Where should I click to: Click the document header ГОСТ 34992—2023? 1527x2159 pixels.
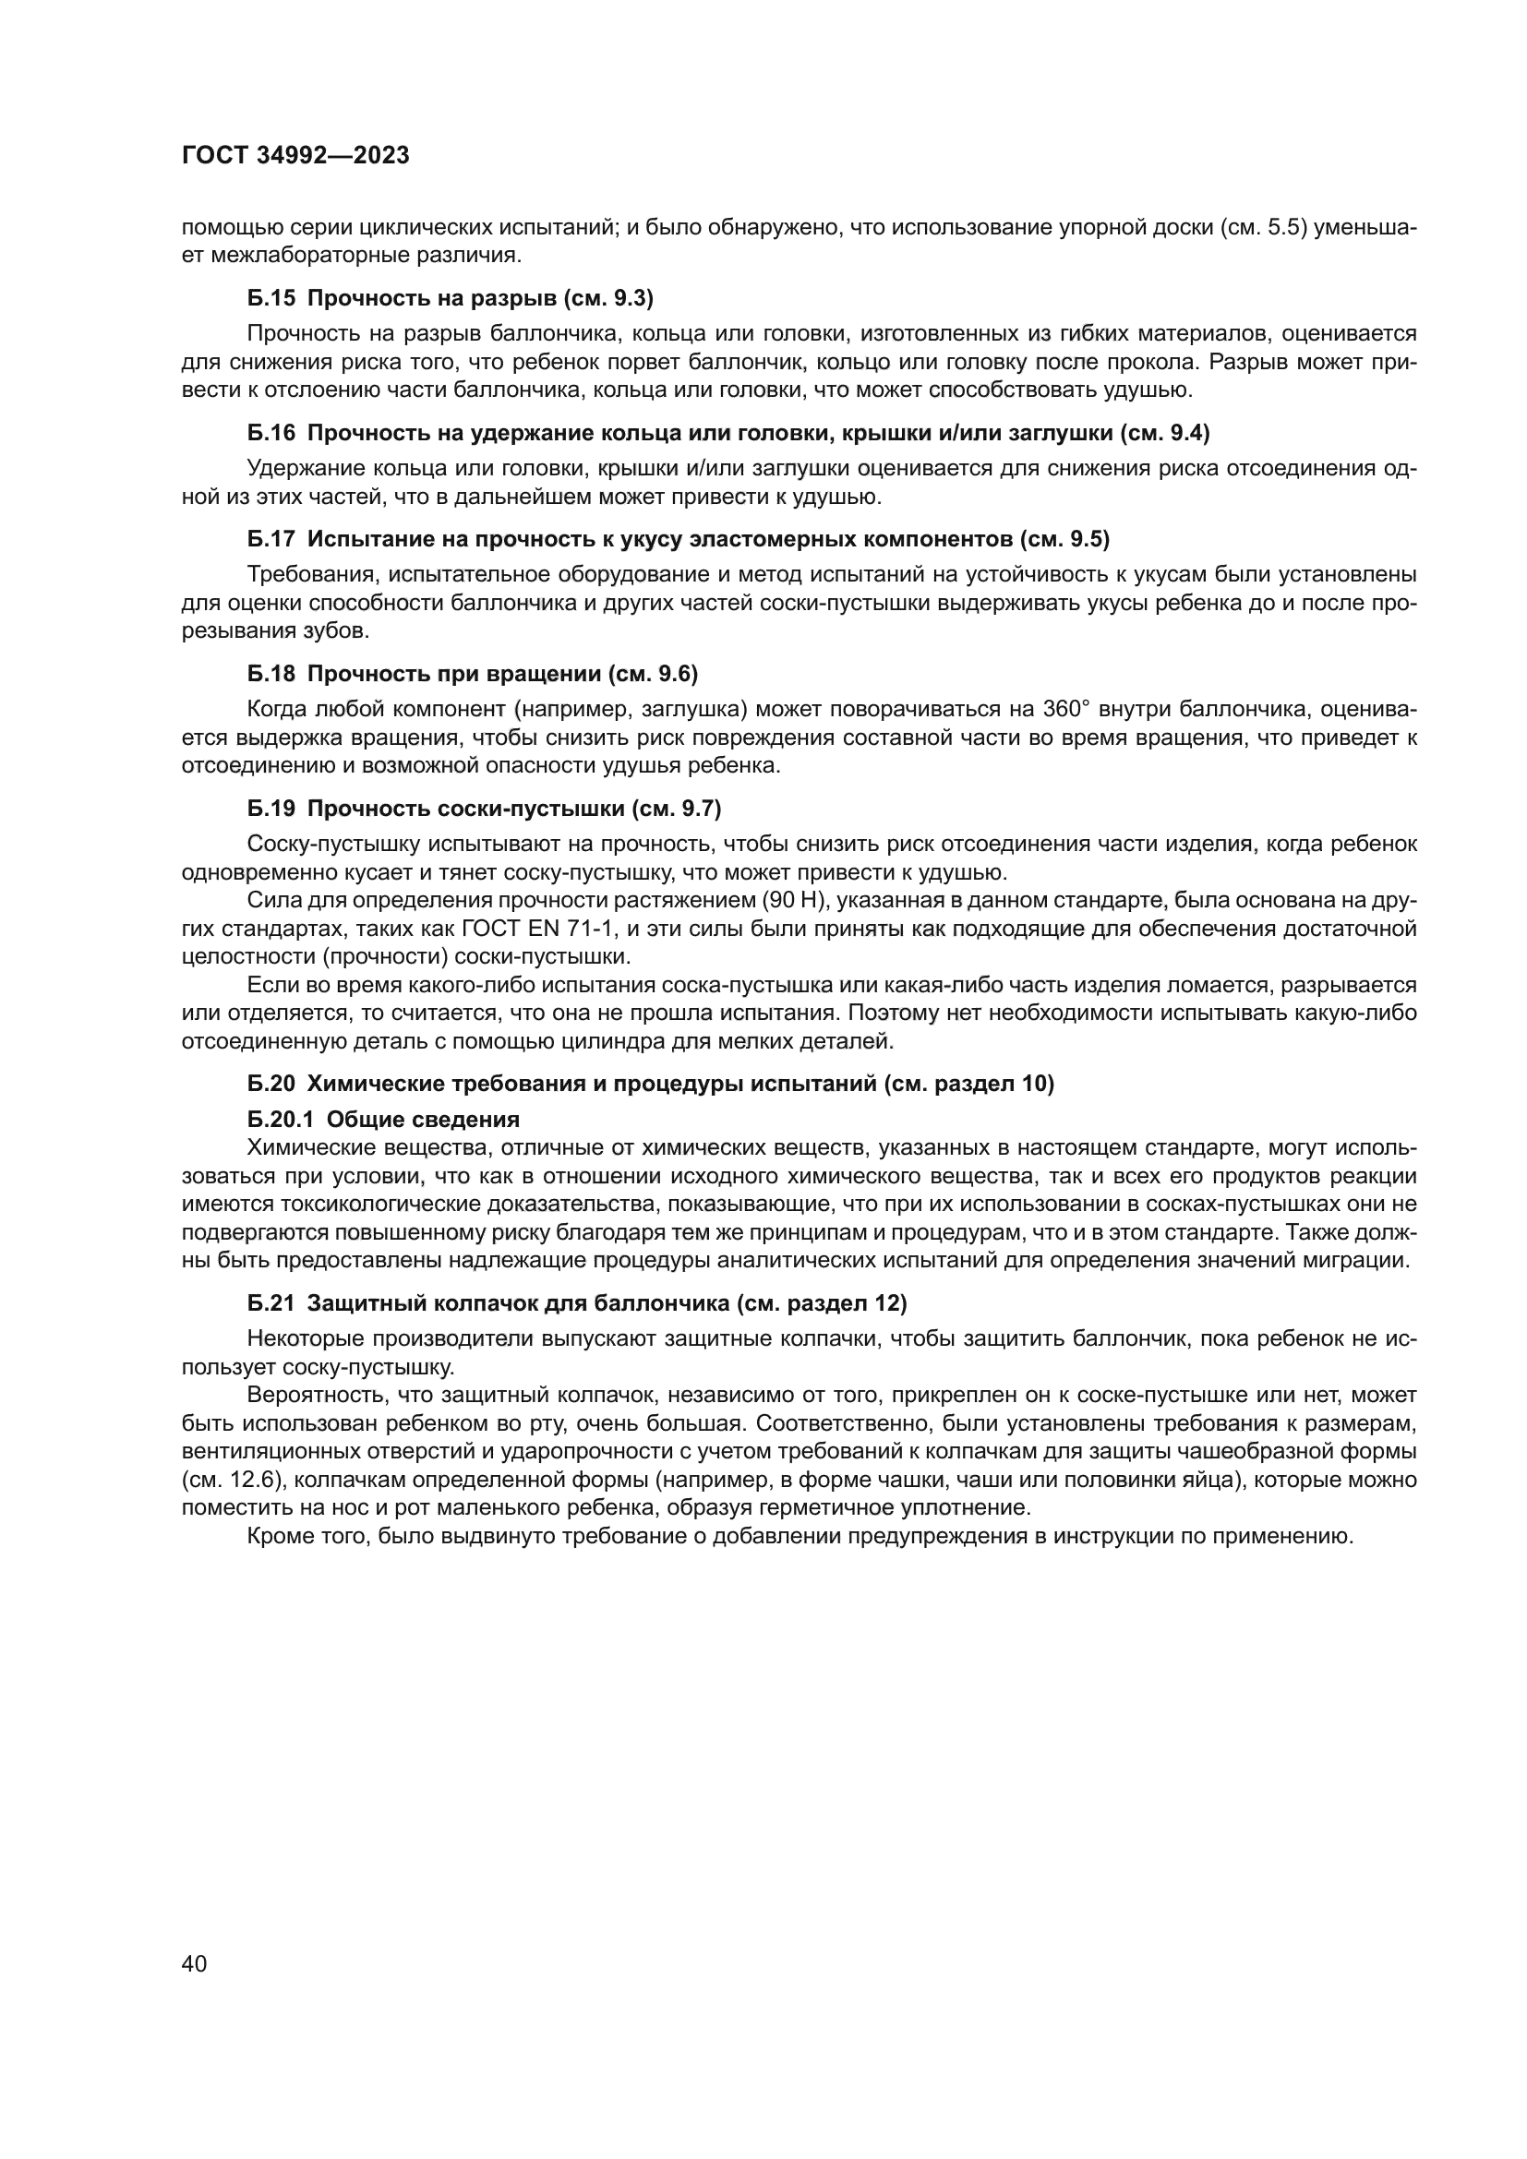(295, 156)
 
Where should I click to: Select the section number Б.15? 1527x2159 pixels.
(271, 299)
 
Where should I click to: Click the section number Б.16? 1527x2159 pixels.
(271, 434)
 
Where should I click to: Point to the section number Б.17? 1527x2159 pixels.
(271, 540)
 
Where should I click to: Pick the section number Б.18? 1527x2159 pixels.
(271, 674)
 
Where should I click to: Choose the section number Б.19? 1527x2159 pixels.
(271, 809)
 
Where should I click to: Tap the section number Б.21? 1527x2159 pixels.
(271, 1304)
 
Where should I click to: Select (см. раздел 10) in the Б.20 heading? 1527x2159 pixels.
(969, 1085)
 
